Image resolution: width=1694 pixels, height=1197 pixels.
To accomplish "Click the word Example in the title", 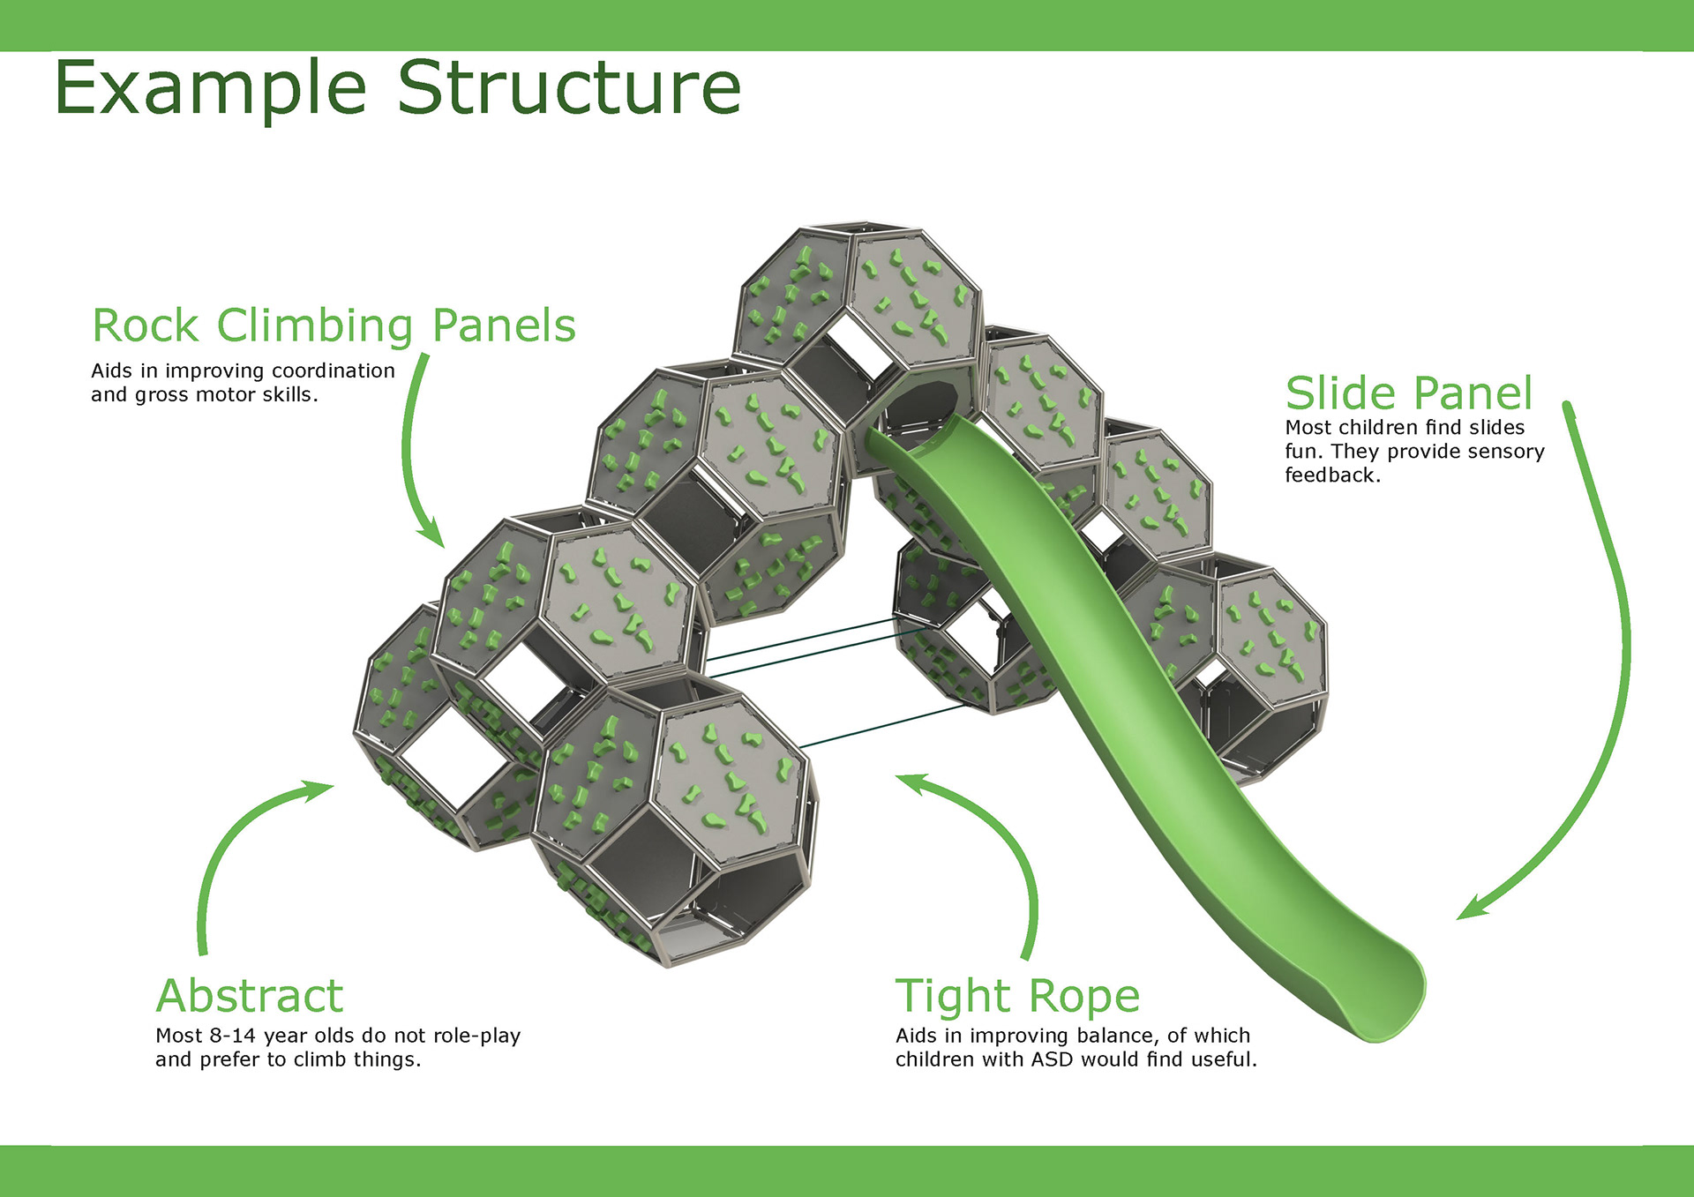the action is (x=210, y=89).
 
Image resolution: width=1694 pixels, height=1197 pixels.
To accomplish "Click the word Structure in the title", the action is (x=569, y=87).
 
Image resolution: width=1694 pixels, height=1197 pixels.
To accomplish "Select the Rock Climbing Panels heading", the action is (x=334, y=326).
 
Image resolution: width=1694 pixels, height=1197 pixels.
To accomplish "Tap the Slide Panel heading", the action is (x=1409, y=393).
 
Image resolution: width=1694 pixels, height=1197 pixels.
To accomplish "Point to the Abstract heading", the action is (x=250, y=997).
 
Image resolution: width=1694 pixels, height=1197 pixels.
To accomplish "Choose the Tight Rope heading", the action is (x=1017, y=998).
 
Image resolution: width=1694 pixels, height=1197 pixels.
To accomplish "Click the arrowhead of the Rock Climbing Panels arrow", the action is (x=432, y=535).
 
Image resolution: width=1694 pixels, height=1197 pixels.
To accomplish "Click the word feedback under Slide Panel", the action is (x=1332, y=475).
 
